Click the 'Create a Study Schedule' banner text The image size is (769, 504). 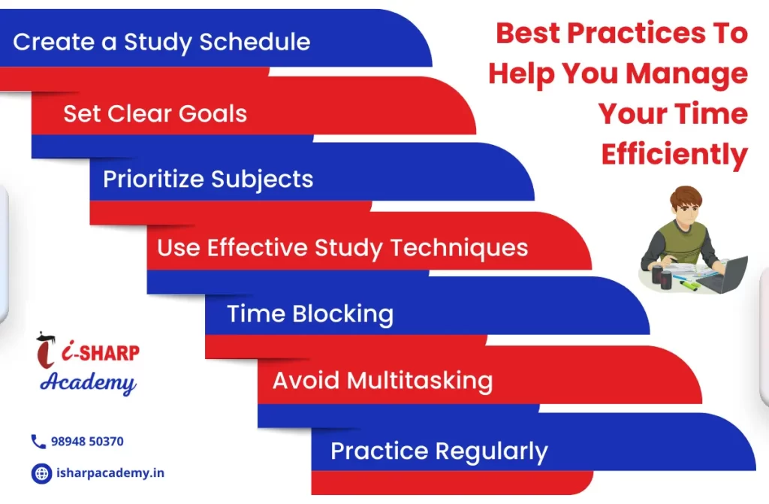point(161,42)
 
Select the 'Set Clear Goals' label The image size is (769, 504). point(155,113)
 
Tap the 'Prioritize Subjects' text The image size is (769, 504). point(208,179)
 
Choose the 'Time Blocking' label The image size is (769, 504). point(310,314)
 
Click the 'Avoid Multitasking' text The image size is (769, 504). point(382,381)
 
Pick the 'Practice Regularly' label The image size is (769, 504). point(439,451)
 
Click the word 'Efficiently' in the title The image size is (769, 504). point(674,155)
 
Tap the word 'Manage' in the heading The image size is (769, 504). point(686,74)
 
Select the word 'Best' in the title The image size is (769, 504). point(528,33)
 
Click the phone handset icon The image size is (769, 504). point(38,442)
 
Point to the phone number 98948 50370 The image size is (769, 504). point(87,442)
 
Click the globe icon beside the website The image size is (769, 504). point(42,473)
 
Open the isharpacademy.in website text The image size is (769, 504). point(110,473)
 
